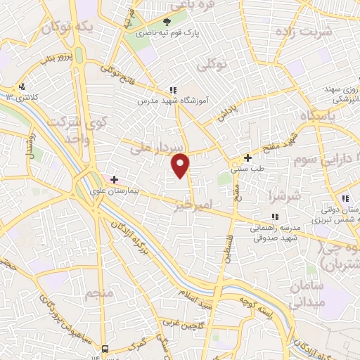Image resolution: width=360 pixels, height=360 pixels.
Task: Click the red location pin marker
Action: (x=181, y=165)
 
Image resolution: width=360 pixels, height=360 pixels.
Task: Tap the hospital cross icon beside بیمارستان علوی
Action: (x=114, y=179)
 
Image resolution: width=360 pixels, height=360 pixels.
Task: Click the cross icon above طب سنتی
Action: (x=247, y=157)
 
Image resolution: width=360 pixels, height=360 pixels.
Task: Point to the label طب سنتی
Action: (x=247, y=168)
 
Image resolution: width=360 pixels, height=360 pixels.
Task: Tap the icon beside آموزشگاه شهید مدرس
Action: (x=173, y=90)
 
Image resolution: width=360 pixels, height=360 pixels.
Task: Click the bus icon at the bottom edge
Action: (x=105, y=348)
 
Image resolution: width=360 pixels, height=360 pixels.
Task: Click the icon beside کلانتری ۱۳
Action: (x=23, y=86)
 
